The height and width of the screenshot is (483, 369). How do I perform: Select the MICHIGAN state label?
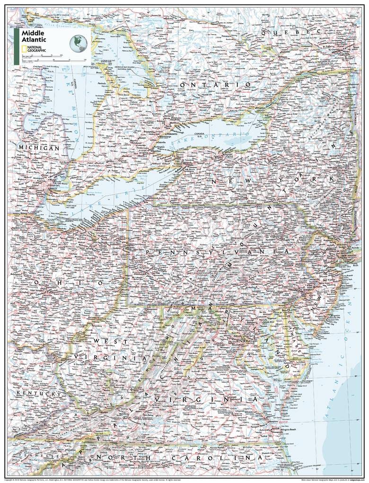(x=39, y=148)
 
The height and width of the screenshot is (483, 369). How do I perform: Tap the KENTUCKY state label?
(x=38, y=394)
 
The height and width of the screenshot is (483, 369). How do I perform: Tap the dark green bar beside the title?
(x=17, y=46)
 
